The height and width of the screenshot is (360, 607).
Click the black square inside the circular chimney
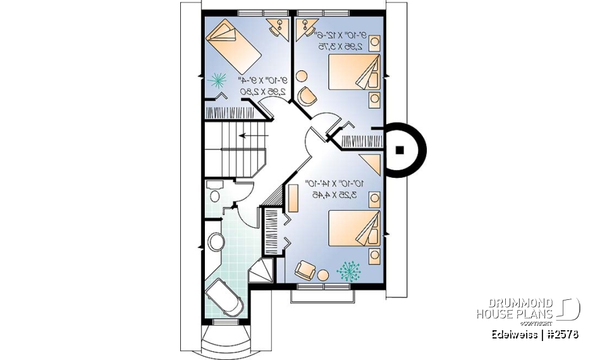(x=400, y=150)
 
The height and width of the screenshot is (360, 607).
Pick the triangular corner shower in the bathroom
(x=263, y=270)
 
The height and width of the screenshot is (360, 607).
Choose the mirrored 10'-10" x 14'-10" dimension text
(x=336, y=183)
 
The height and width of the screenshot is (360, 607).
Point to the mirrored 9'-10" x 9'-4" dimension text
(x=263, y=80)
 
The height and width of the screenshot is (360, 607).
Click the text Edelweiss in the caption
(x=513, y=334)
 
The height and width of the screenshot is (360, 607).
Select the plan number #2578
(x=561, y=334)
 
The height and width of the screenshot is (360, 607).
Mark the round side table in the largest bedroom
(x=324, y=275)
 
